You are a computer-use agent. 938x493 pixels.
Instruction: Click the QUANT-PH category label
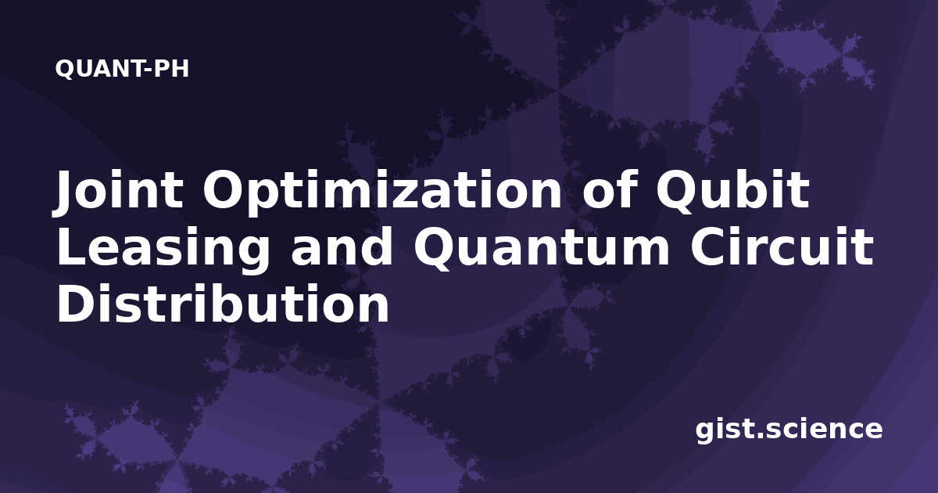click(122, 69)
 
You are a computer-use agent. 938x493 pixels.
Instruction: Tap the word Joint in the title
click(118, 192)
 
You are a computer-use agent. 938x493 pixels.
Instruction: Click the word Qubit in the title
click(732, 192)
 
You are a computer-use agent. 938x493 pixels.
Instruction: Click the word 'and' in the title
click(342, 247)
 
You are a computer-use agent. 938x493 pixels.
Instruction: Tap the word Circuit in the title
click(782, 247)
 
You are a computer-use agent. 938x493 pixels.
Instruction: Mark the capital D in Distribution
click(75, 304)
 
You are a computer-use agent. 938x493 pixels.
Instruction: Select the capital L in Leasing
click(71, 247)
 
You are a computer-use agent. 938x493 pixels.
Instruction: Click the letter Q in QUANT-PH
click(63, 69)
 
